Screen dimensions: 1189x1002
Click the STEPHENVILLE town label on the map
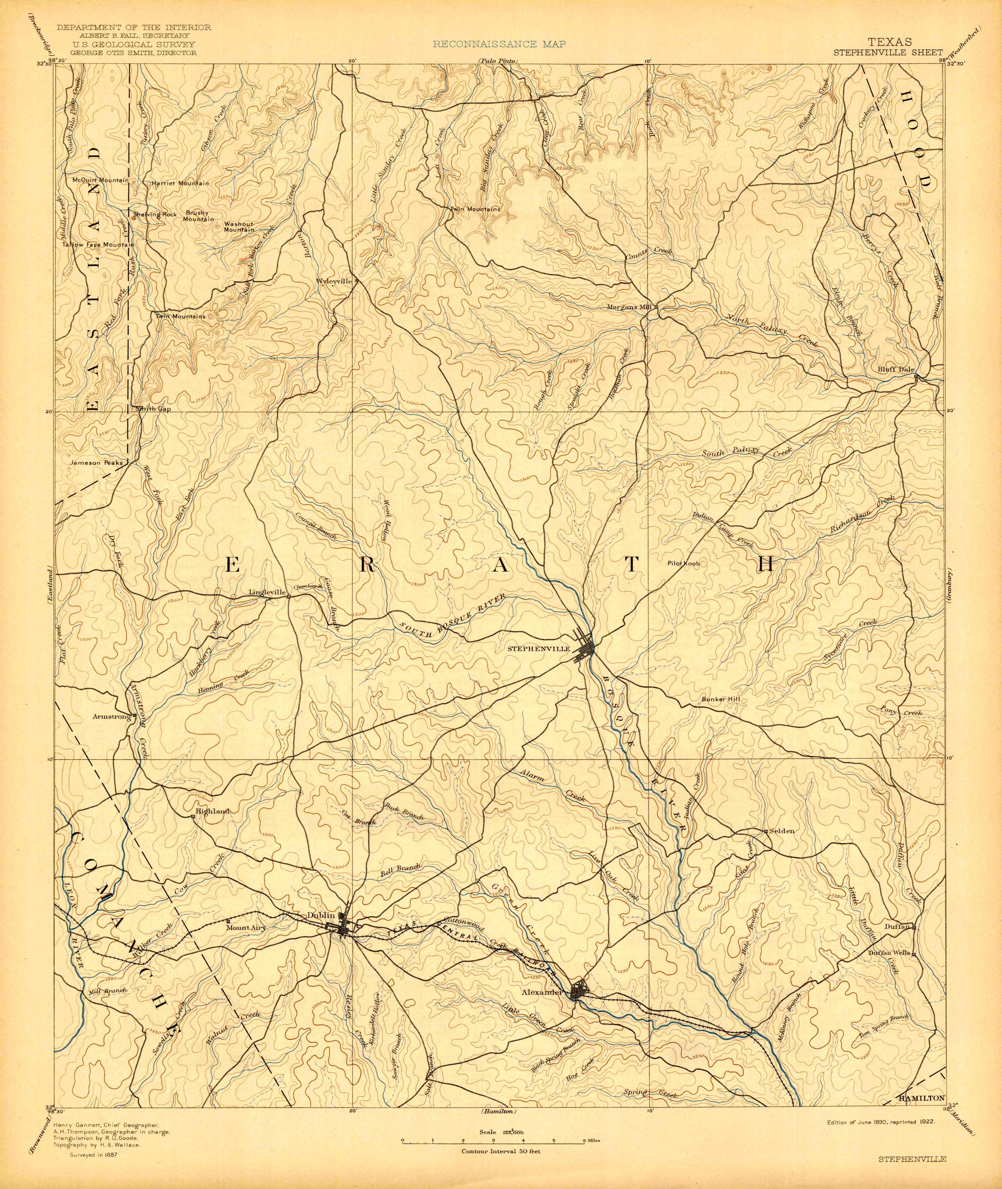point(538,648)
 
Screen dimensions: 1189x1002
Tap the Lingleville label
point(267,592)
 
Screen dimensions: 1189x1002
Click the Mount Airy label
point(246,927)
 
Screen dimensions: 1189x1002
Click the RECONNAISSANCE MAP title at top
point(499,44)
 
